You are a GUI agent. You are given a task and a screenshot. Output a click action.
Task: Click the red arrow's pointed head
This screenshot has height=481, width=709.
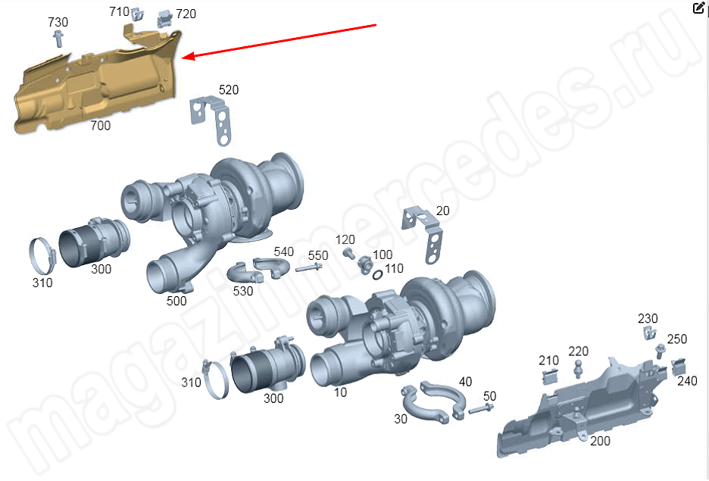[186, 56]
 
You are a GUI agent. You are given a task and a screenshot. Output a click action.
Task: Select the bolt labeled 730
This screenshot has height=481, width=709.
[58, 39]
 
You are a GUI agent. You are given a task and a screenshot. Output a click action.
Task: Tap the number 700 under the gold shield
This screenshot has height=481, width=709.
[101, 125]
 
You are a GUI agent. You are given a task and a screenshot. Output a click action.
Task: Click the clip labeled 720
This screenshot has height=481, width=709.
[165, 18]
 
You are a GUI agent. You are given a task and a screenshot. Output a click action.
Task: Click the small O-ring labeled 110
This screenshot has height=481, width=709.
[377, 274]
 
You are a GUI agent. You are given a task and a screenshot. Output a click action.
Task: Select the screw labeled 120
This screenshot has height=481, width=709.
[348, 253]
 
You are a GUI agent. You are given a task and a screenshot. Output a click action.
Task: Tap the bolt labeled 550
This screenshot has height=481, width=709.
[309, 268]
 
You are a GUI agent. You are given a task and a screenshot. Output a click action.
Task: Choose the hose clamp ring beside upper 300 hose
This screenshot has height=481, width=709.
[42, 255]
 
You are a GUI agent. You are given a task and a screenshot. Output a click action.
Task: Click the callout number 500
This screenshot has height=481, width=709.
[176, 301]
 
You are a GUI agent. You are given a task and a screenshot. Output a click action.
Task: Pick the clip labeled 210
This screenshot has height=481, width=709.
[549, 376]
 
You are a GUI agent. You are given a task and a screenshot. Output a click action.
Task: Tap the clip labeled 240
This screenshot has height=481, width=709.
[678, 367]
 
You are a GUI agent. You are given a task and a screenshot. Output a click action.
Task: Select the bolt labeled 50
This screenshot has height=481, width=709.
[481, 409]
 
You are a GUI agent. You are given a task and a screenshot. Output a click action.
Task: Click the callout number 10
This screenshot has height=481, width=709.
[340, 392]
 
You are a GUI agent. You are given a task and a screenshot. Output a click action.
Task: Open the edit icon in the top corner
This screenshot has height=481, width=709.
[698, 8]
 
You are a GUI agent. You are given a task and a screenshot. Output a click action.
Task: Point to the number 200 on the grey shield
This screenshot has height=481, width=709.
[600, 441]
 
